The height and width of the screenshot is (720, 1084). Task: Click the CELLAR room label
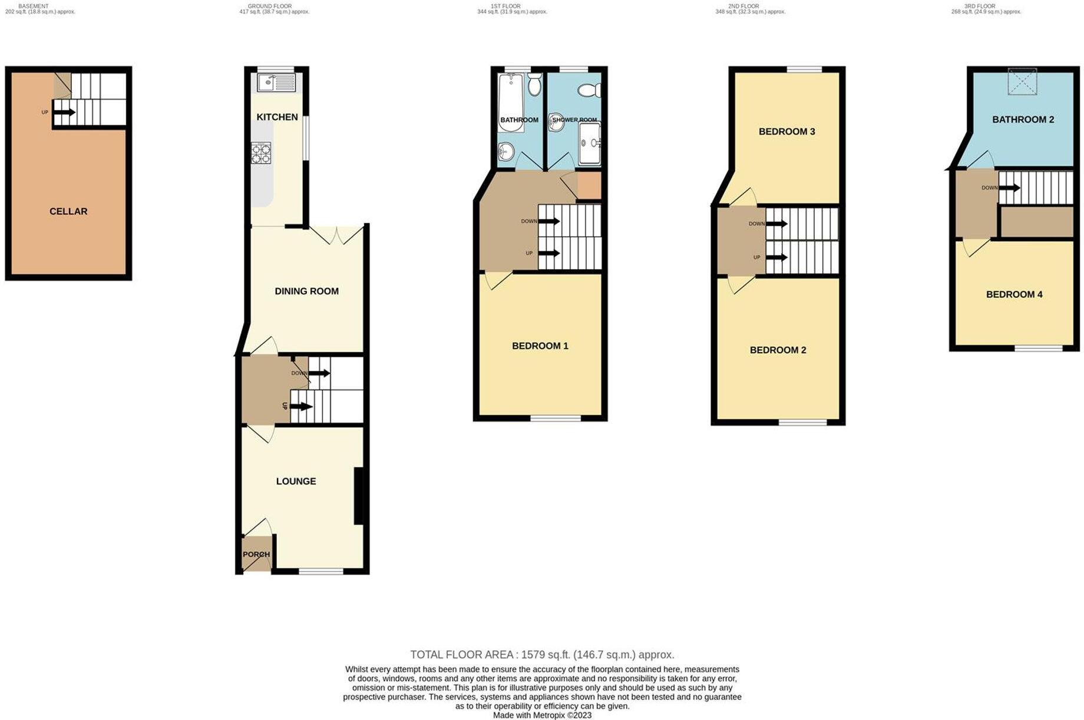click(68, 211)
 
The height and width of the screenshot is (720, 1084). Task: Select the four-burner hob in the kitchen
click(261, 153)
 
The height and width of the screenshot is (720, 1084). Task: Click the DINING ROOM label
click(306, 291)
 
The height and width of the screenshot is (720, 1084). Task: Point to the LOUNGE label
click(296, 482)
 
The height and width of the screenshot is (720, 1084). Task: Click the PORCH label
click(256, 555)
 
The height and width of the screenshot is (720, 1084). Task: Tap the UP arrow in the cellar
click(64, 112)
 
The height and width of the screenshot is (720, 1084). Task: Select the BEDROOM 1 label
click(540, 346)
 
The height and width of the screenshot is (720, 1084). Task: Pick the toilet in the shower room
click(589, 90)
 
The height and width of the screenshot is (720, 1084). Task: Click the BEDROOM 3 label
click(786, 132)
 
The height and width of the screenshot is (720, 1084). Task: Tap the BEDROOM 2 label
click(778, 350)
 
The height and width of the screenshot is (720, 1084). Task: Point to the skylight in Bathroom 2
click(1022, 81)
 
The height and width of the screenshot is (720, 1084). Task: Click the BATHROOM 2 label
click(1023, 120)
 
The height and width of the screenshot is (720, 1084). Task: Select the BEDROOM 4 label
click(1014, 295)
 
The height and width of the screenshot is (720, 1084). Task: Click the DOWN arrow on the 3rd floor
click(1011, 188)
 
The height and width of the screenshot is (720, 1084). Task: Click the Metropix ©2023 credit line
click(542, 715)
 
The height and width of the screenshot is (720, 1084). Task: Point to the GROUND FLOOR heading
click(269, 6)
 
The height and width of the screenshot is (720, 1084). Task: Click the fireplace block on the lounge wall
click(358, 496)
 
